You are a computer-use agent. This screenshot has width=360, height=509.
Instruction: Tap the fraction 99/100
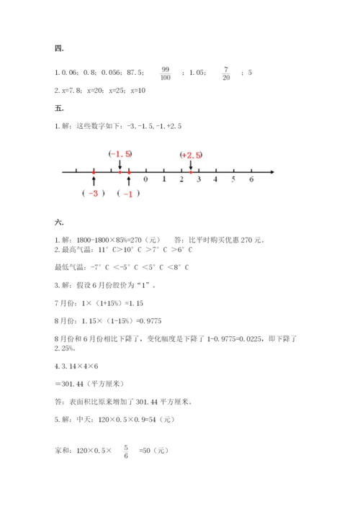(x=166, y=73)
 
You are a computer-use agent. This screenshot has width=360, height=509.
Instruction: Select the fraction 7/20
(x=225, y=73)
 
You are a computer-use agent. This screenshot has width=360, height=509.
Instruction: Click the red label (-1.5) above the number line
(x=120, y=154)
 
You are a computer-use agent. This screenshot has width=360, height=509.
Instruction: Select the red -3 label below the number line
(x=94, y=194)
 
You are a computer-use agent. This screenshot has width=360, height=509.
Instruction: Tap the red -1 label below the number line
(x=128, y=194)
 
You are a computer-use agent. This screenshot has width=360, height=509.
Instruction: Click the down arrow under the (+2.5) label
(x=190, y=166)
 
